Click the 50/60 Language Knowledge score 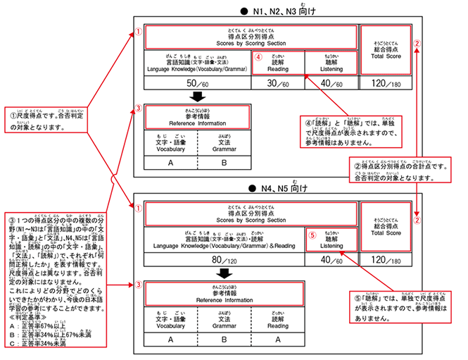tap(198, 84)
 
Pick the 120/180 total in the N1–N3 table tap(386, 84)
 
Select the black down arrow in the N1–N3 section tap(198, 97)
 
